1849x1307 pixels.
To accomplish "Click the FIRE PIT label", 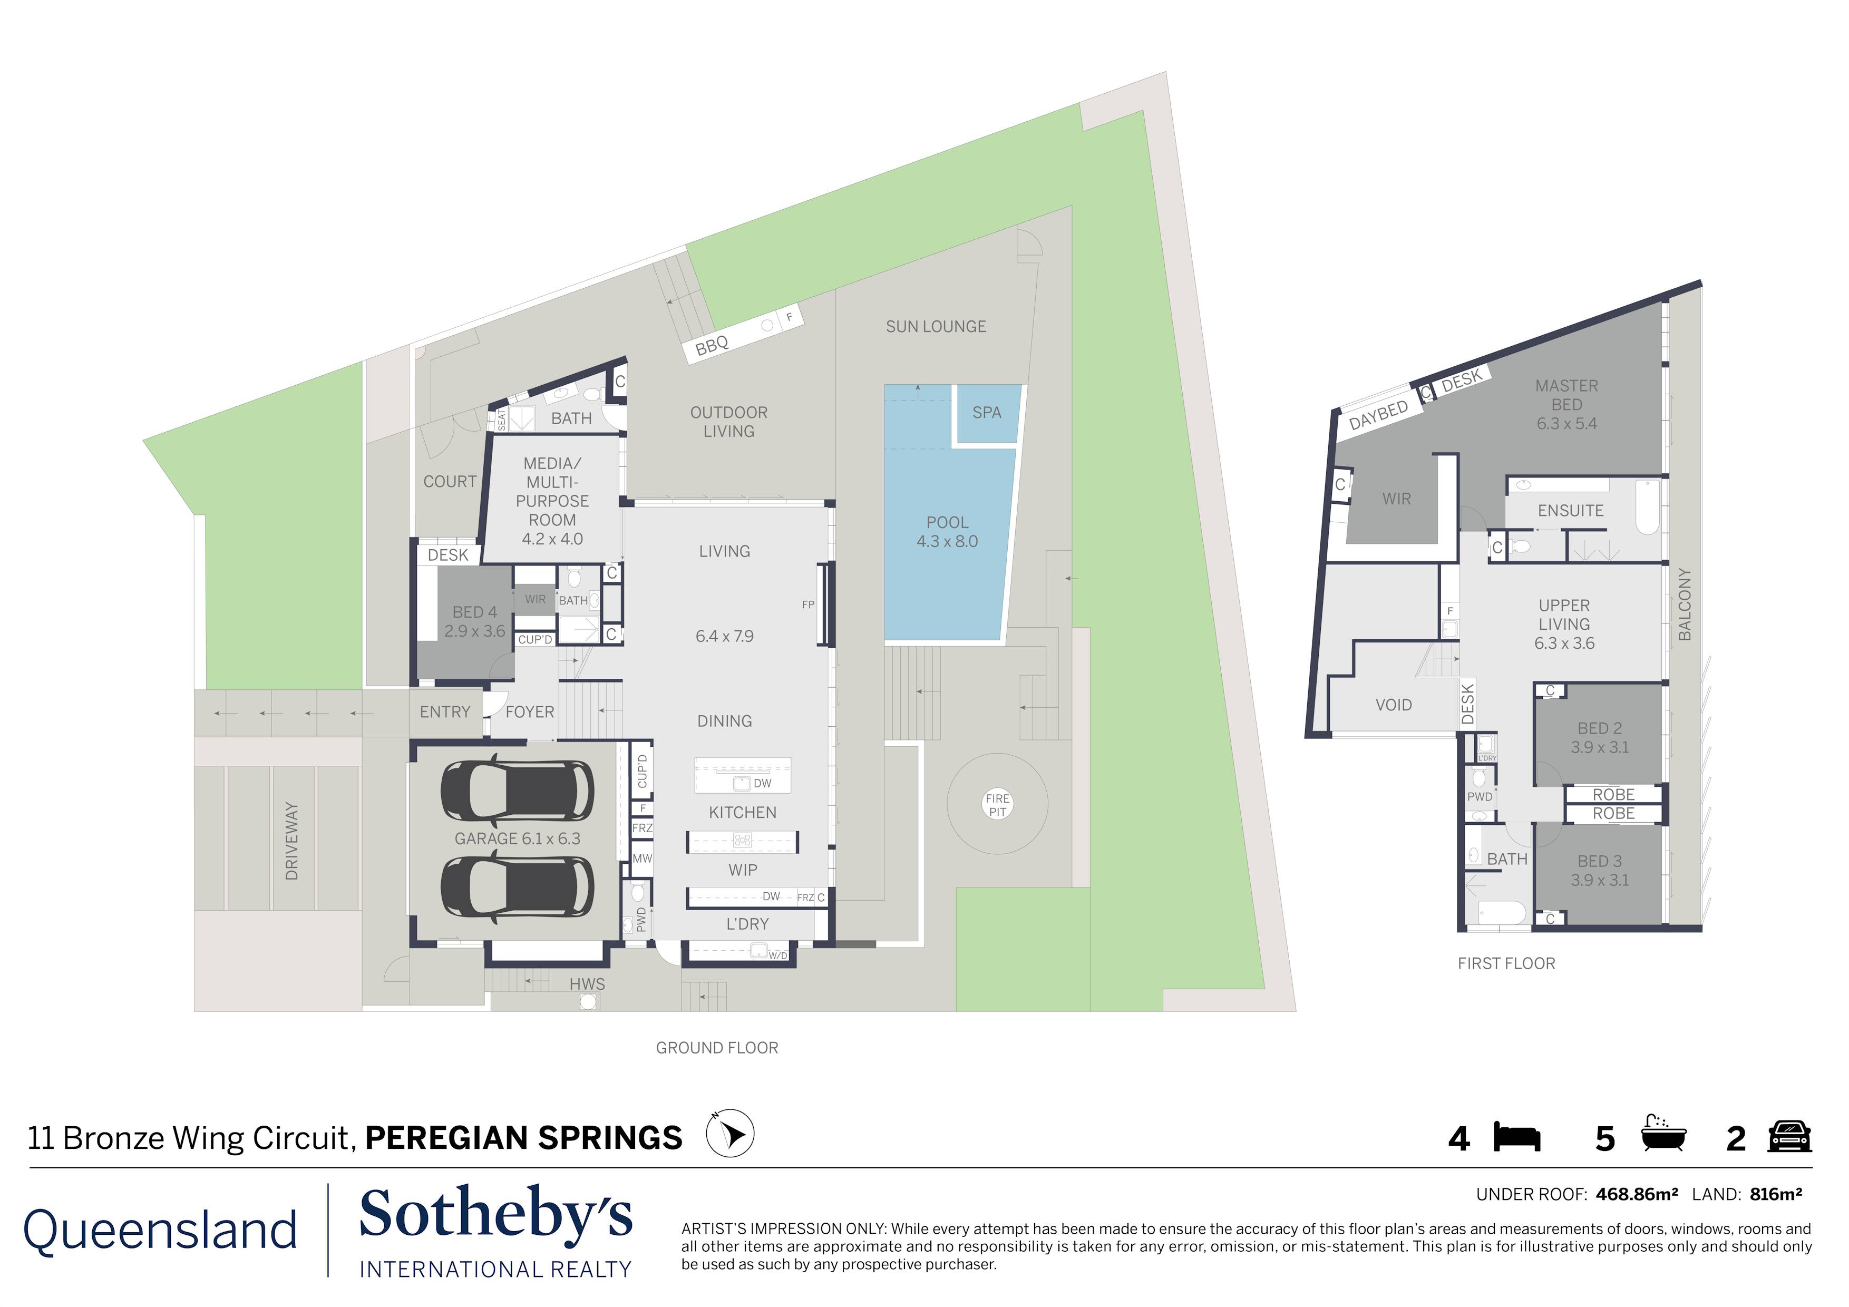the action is tap(997, 805).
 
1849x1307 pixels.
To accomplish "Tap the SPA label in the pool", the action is tap(987, 412).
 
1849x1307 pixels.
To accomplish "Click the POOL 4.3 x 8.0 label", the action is tap(947, 532).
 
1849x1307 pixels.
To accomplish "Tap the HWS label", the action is tap(587, 984).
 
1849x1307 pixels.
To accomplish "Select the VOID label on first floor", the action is tap(1393, 705).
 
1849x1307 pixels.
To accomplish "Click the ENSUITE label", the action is tap(1570, 511).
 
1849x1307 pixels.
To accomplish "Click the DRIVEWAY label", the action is tap(291, 841).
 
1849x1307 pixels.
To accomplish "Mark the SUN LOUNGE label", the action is tap(936, 326).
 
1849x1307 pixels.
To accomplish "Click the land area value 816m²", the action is tap(1776, 1194).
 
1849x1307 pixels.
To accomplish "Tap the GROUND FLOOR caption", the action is tap(717, 1048).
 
